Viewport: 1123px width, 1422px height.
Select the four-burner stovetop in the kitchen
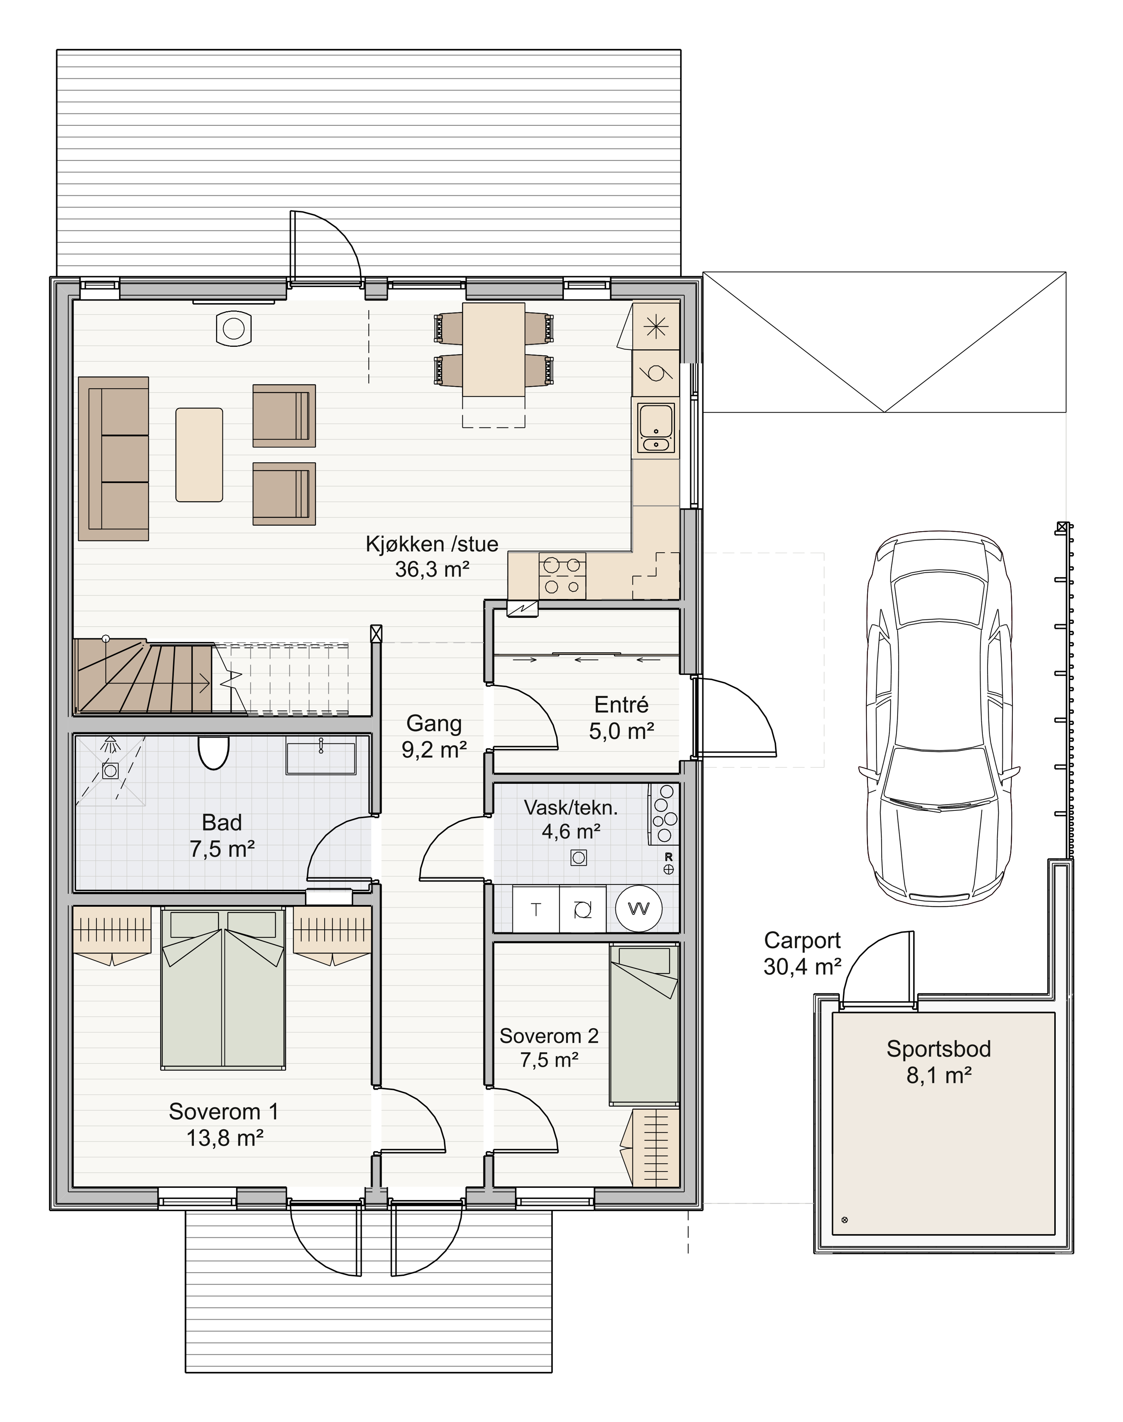562,575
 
